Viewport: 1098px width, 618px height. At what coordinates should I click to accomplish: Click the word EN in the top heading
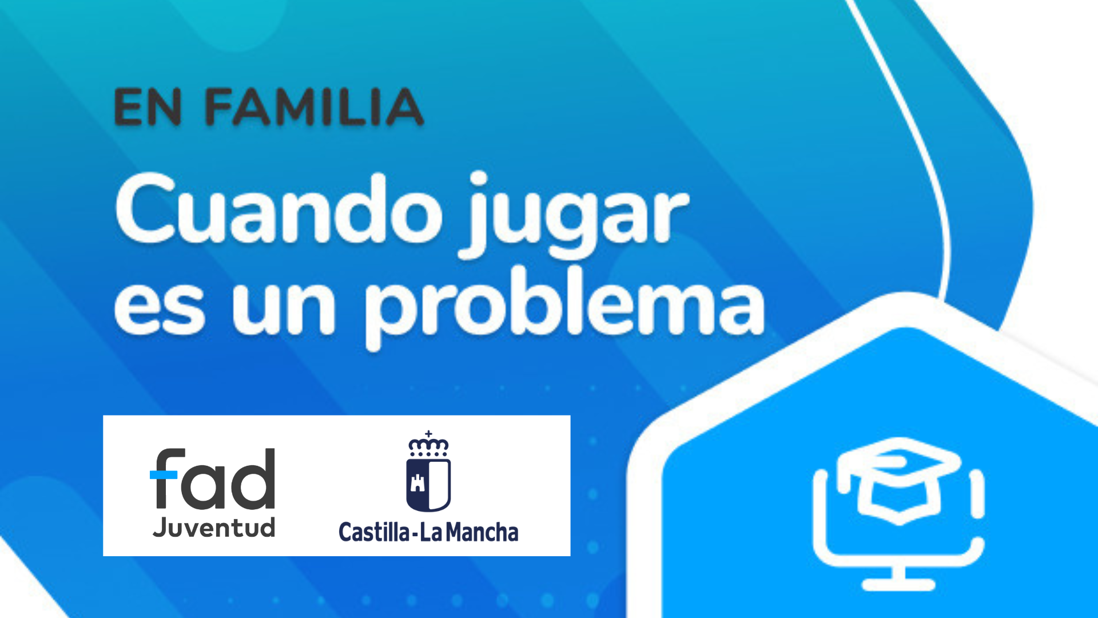click(x=148, y=107)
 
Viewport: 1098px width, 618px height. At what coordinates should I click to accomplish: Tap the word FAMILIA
click(x=315, y=107)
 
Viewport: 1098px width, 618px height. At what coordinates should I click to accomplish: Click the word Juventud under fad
click(x=214, y=526)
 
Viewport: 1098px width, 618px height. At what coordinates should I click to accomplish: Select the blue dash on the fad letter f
click(x=164, y=474)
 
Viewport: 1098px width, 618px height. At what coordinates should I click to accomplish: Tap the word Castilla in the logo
click(x=375, y=532)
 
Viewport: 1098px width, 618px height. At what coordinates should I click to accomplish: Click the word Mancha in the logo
click(x=482, y=532)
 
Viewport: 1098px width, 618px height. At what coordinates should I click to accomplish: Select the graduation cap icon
click(x=899, y=481)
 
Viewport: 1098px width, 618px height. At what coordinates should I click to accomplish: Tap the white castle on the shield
click(x=418, y=484)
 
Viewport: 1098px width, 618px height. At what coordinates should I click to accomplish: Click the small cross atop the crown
click(x=428, y=434)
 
